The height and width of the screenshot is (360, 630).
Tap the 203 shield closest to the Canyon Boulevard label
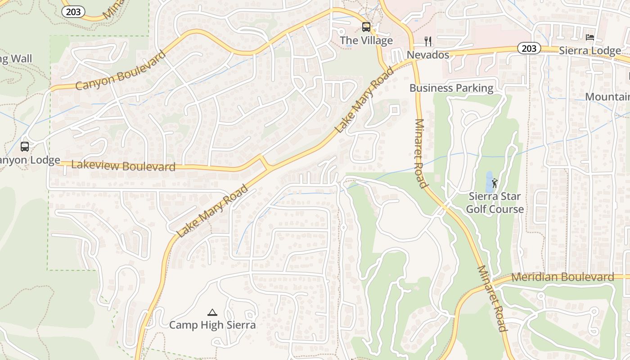73,12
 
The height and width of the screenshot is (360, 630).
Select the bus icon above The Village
366,27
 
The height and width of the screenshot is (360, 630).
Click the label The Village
366,40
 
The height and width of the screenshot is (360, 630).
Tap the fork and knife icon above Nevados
428,41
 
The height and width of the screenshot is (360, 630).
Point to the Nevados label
428,55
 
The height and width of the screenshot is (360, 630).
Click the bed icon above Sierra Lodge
590,37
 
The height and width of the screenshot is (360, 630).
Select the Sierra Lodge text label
590,51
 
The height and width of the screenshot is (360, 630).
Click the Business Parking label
451,88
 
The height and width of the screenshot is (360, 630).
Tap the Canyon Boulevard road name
120,71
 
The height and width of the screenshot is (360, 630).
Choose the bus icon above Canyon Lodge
25,147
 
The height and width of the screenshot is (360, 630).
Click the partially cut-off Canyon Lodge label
30,160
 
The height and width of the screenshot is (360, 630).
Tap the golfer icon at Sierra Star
495,183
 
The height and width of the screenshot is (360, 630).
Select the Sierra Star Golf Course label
495,203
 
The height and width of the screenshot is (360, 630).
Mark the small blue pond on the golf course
489,181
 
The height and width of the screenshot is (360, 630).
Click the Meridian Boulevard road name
562,277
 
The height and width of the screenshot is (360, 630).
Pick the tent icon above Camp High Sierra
212,312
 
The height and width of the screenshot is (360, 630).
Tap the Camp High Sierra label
212,325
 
